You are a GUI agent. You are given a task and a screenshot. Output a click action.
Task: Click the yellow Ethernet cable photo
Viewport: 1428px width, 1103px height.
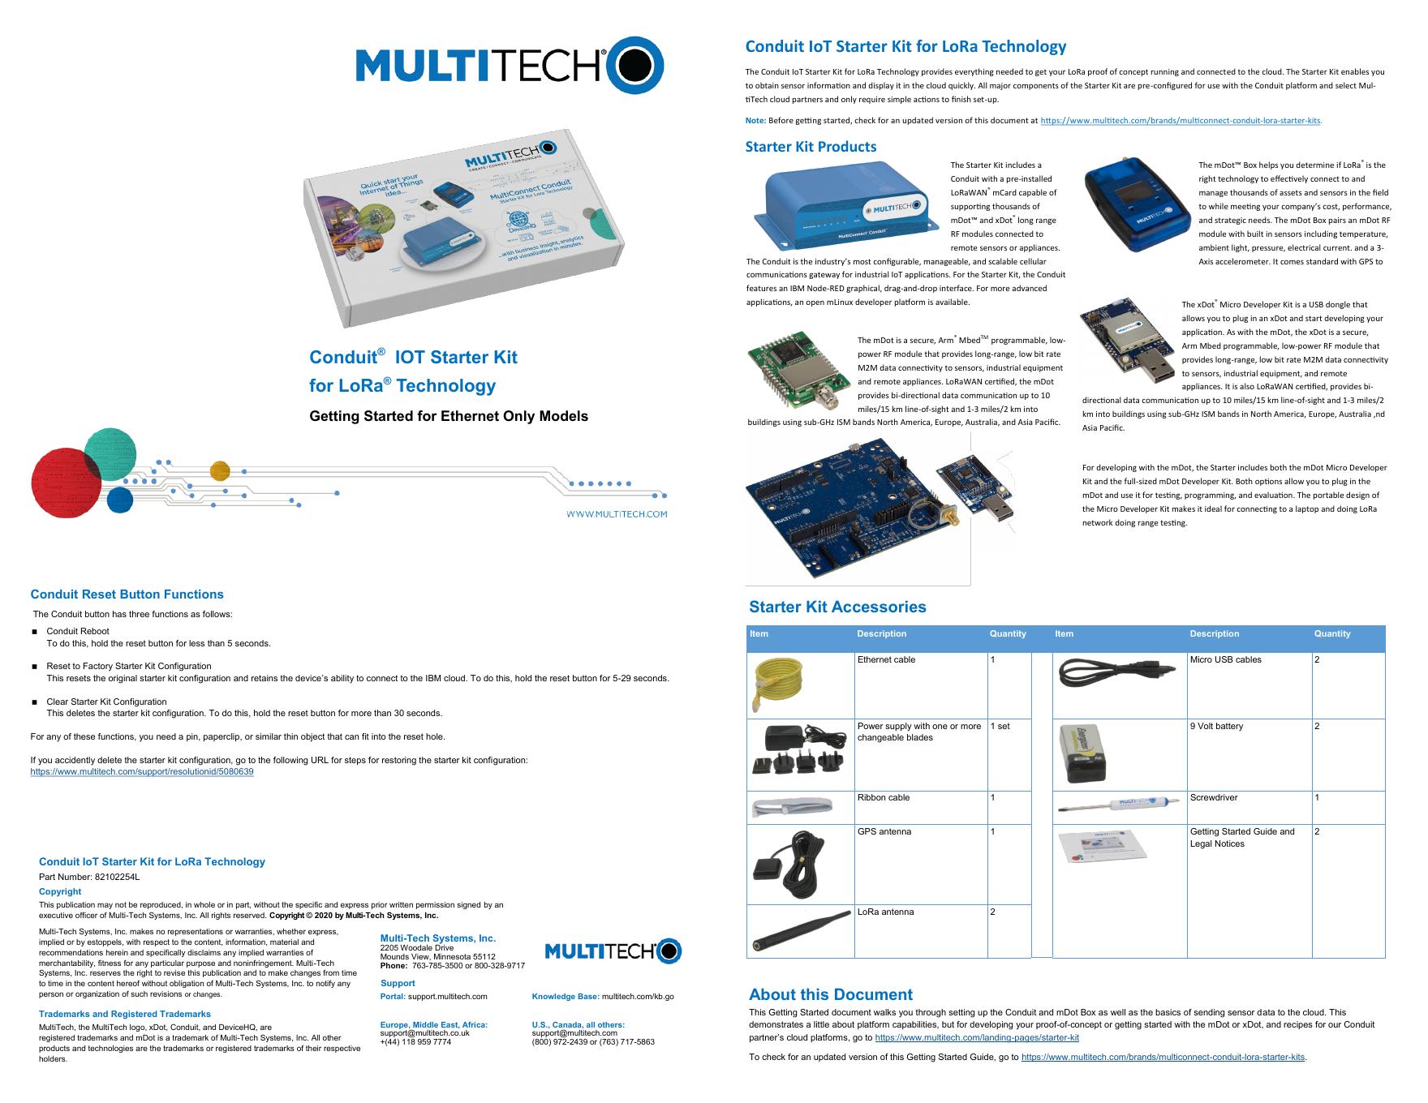[778, 683]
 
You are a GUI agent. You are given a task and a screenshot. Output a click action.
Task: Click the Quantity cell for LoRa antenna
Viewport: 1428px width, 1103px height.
[1009, 930]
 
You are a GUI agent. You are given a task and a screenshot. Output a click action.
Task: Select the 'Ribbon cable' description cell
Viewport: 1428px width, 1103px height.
[920, 806]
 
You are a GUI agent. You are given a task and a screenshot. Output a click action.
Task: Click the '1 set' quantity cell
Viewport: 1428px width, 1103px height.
[1009, 754]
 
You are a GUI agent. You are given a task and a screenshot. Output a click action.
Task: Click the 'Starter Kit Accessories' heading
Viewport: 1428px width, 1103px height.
[837, 607]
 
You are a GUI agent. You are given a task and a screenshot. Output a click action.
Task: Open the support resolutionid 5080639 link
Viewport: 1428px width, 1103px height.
[142, 772]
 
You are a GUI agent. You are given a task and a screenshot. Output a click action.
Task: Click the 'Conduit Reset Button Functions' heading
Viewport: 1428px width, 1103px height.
[127, 594]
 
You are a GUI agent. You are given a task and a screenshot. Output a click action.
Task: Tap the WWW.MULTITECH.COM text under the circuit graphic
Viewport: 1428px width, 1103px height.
[617, 514]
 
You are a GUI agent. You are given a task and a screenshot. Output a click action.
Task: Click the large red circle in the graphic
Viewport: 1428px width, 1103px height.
[66, 482]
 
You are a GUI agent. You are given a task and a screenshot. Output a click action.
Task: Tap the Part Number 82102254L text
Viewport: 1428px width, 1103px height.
[89, 877]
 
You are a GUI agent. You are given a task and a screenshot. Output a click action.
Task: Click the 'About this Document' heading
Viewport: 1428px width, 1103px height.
[830, 994]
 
